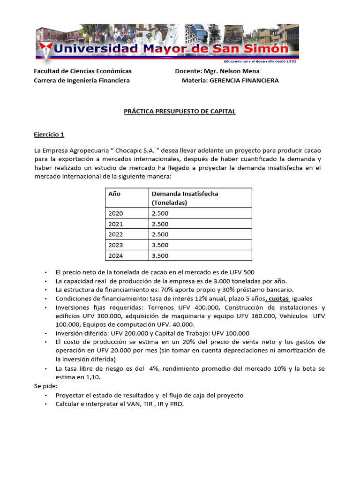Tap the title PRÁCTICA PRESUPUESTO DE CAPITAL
[180, 112]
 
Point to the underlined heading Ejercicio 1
[49, 135]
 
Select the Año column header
[114, 194]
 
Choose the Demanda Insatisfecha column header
[184, 194]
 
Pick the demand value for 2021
[160, 224]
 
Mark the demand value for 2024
[160, 256]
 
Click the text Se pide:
[46, 386]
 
